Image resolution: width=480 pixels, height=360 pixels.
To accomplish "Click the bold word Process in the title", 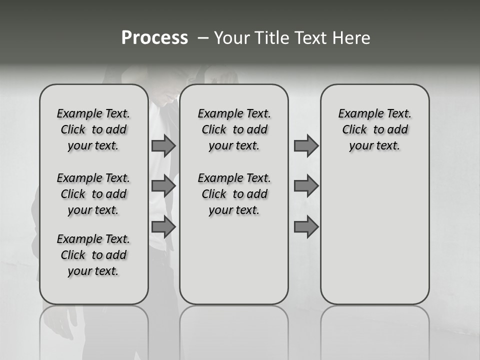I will pyautogui.click(x=154, y=38).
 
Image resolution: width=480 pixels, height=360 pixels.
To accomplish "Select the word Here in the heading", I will pyautogui.click(x=352, y=38).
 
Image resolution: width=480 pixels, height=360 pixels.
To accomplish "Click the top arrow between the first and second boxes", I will pyautogui.click(x=163, y=145).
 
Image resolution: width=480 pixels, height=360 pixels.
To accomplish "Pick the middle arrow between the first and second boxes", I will pyautogui.click(x=163, y=186).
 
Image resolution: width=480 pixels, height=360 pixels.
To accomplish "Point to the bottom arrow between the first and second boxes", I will pyautogui.click(x=163, y=227).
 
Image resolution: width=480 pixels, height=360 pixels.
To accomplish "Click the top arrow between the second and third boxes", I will pyautogui.click(x=306, y=145).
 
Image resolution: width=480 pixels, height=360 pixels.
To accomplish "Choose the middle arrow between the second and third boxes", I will pyautogui.click(x=306, y=186).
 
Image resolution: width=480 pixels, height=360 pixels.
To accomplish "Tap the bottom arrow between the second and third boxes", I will pyautogui.click(x=306, y=227).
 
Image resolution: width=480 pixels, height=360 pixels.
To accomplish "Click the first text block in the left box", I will pyautogui.click(x=93, y=129).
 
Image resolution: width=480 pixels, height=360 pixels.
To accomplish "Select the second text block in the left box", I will pyautogui.click(x=93, y=194).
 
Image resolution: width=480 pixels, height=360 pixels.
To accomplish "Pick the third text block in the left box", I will pyautogui.click(x=93, y=255).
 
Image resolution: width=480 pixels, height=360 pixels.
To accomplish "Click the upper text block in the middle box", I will pyautogui.click(x=234, y=129).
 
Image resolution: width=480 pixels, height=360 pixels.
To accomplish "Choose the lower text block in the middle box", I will pyautogui.click(x=234, y=194).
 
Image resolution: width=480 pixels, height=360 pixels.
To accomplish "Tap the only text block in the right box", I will pyautogui.click(x=374, y=129).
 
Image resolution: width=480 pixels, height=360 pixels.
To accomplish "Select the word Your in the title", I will pyautogui.click(x=232, y=38).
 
